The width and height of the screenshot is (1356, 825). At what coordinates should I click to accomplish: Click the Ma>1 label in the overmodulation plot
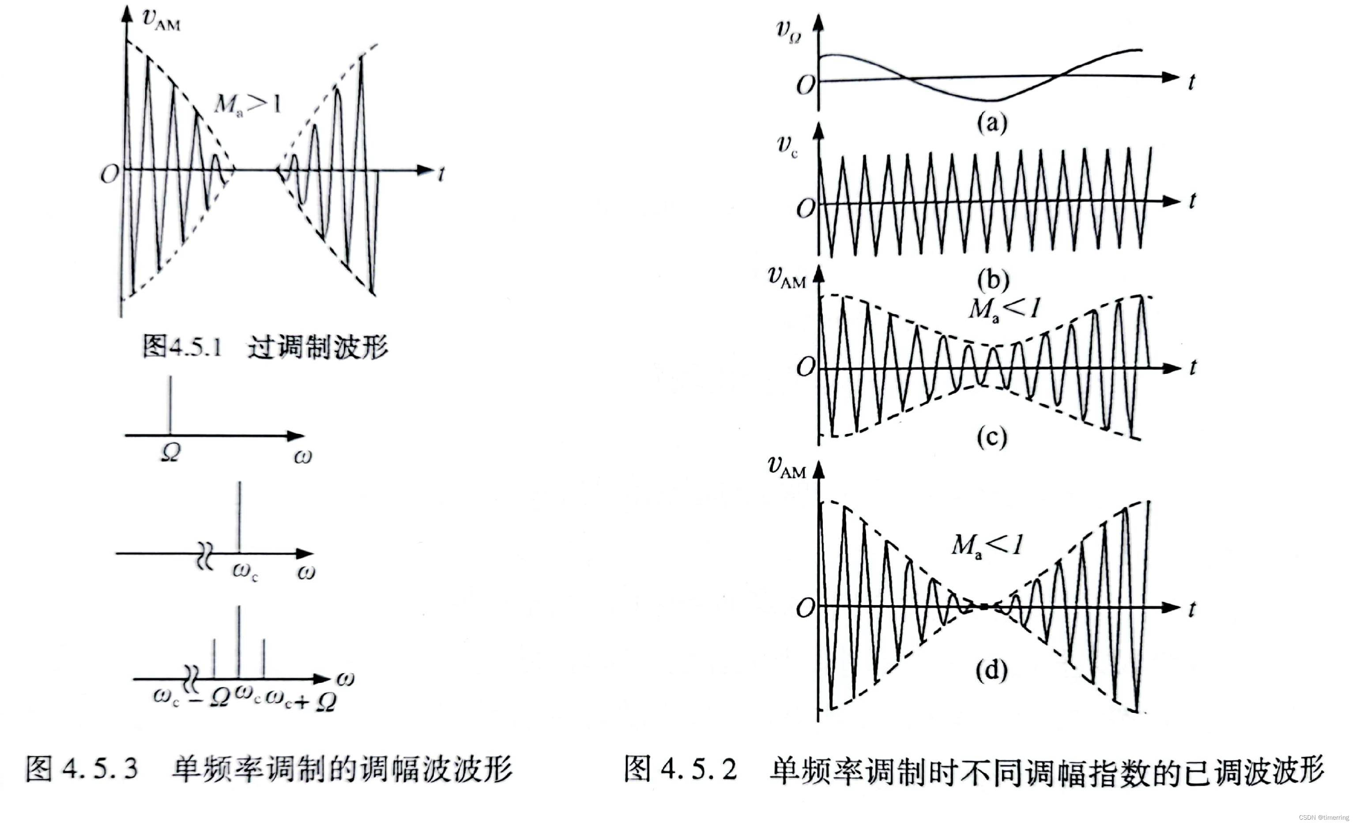point(248,103)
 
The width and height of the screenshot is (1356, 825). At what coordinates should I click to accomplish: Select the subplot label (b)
point(993,279)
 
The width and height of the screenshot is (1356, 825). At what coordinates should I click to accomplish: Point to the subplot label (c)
point(992,437)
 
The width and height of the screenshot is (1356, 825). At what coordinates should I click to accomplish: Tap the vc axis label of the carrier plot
point(787,146)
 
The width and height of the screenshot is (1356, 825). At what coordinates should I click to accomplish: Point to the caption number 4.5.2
point(698,768)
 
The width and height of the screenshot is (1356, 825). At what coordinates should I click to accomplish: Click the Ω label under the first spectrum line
point(170,453)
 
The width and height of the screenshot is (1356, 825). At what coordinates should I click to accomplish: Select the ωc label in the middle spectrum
point(245,571)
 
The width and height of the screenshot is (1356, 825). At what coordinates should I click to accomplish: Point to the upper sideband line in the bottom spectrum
point(264,658)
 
